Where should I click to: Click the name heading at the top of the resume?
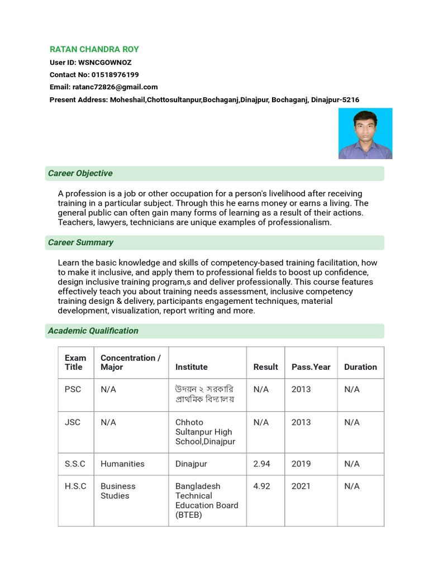click(94, 49)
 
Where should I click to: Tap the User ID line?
click(90, 63)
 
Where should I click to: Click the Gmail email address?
click(115, 87)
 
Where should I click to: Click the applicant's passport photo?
click(365, 134)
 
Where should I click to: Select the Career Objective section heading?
click(80, 173)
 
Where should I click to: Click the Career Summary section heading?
click(80, 242)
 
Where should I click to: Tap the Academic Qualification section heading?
click(93, 331)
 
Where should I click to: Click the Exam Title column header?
click(75, 363)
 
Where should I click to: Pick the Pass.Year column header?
click(311, 367)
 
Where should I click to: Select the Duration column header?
click(360, 367)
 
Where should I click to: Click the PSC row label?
click(73, 389)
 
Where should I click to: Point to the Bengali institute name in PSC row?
click(204, 394)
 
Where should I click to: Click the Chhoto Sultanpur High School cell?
click(205, 432)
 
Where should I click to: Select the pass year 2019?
click(301, 464)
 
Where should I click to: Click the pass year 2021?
click(301, 486)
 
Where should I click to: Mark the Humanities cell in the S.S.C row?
click(122, 464)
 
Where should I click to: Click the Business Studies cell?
click(118, 491)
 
